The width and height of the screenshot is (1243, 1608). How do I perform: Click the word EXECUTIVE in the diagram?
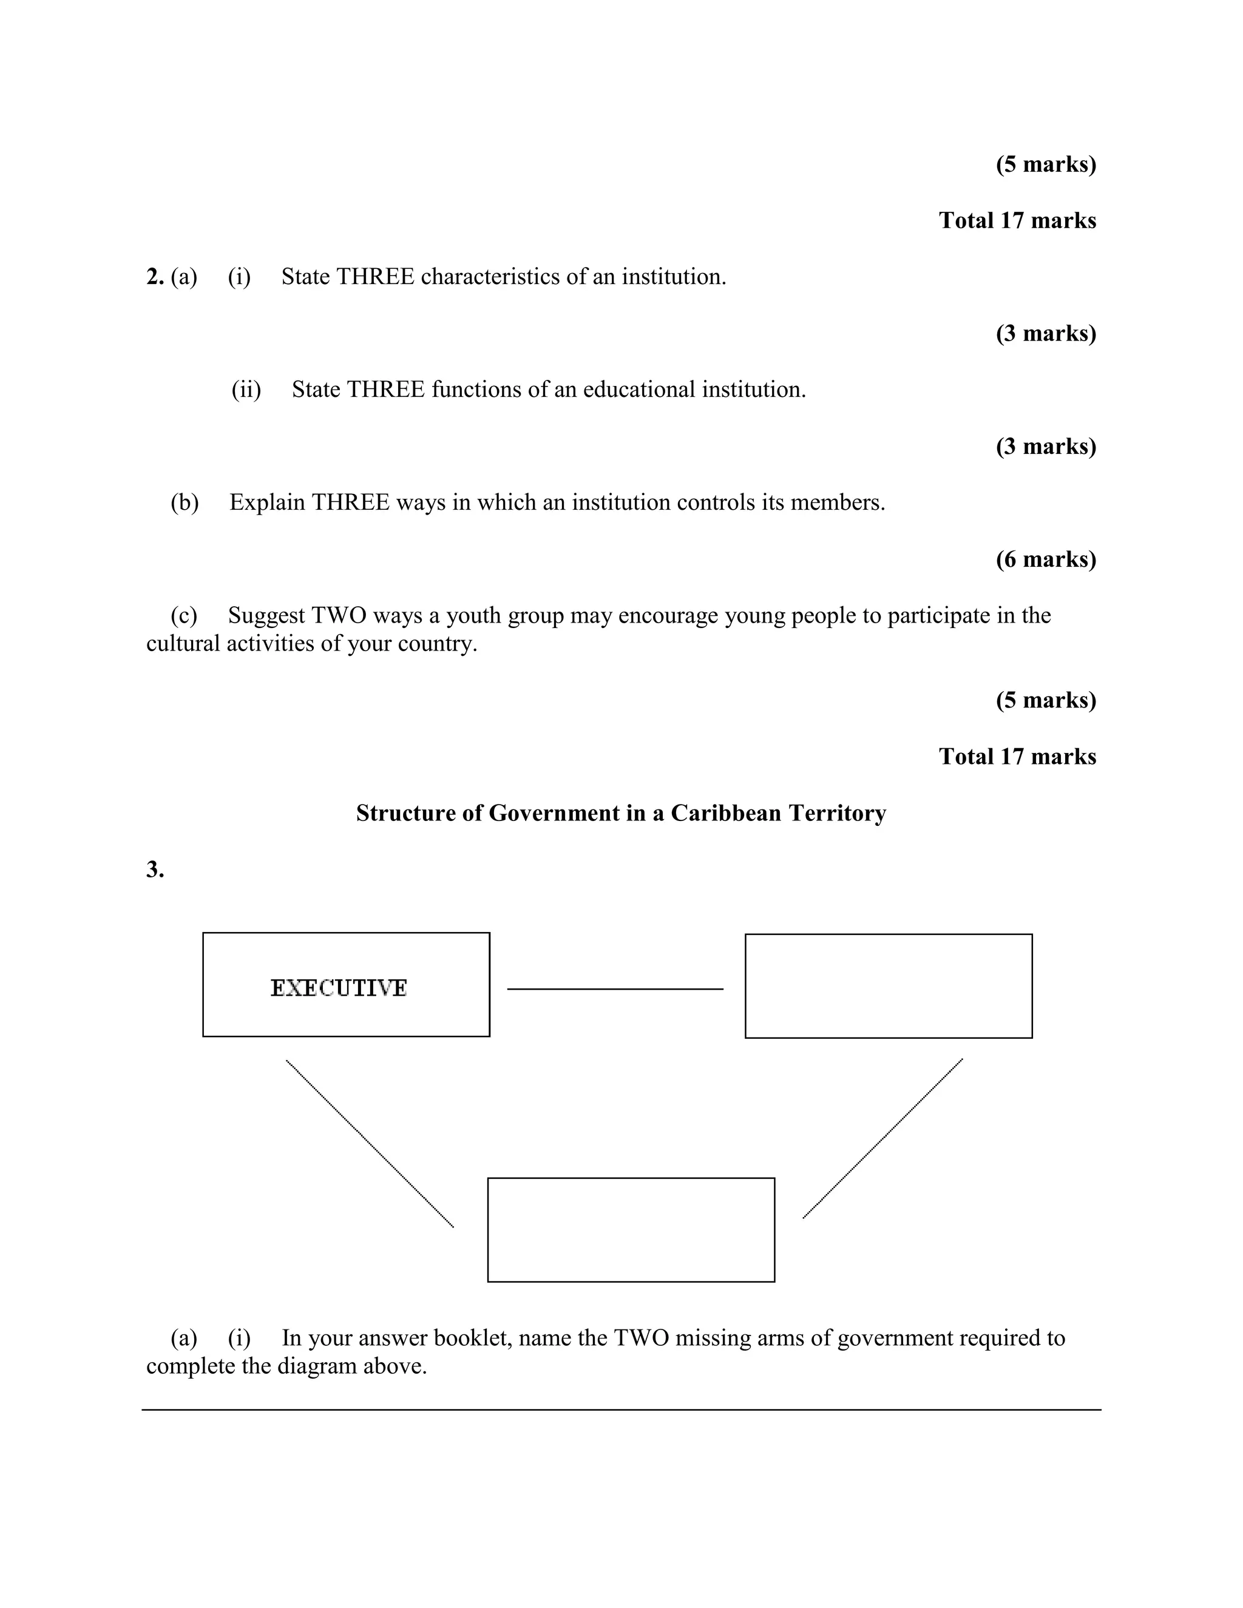coord(338,987)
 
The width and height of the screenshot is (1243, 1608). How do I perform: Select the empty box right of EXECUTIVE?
coord(888,986)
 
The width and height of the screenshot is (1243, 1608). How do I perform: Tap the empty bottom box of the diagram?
coord(631,1229)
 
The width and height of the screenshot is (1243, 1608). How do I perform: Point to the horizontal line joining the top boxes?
coord(615,989)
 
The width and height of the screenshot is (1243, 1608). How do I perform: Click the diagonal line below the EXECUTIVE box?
coord(370,1143)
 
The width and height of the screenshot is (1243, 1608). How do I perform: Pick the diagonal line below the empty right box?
coord(882,1138)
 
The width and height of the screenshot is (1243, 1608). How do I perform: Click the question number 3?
coord(155,870)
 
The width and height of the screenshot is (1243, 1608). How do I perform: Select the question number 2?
coord(155,277)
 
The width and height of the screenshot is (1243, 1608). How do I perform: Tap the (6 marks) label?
coord(1046,559)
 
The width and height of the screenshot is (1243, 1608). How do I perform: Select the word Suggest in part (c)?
coord(266,615)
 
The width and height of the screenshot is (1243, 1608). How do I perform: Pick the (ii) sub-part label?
coord(246,390)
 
